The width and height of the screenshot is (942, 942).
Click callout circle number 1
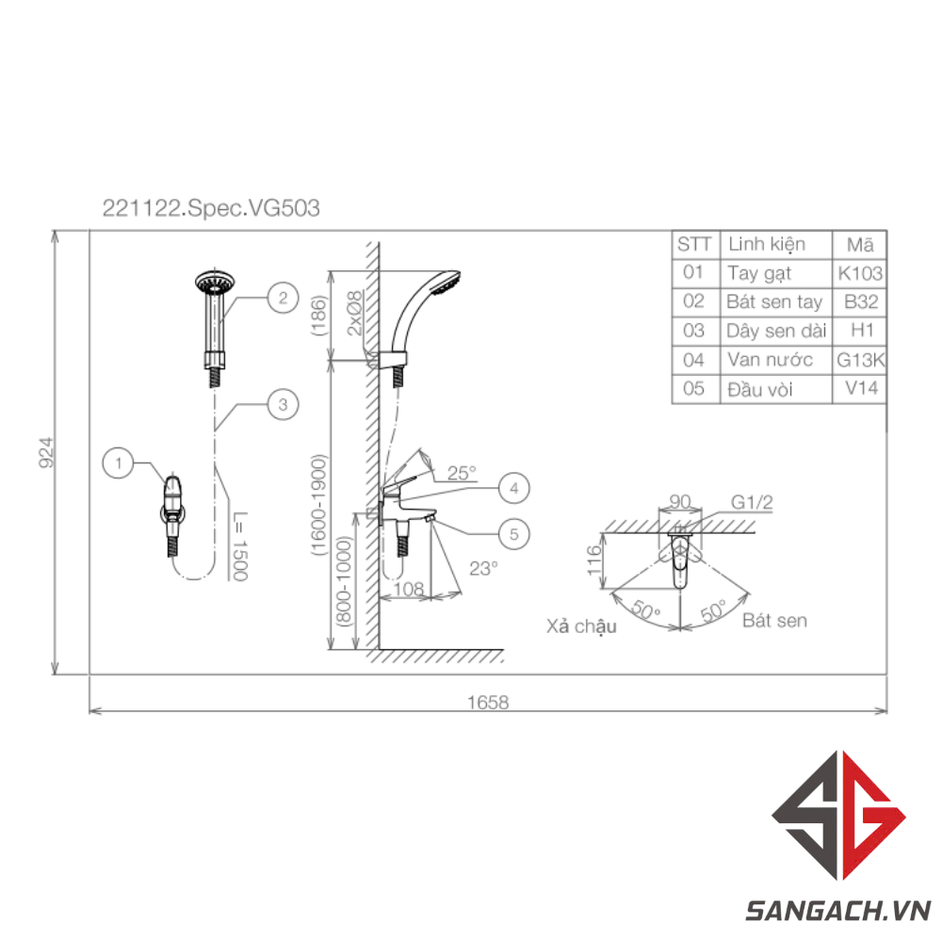pos(119,463)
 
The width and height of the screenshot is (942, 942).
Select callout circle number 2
pos(283,298)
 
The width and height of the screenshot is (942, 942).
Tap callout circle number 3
pos(283,404)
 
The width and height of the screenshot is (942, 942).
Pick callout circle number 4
pos(514,488)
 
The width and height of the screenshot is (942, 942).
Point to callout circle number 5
pos(514,534)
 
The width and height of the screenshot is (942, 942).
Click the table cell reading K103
pos(860,273)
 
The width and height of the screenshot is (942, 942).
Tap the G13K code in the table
pos(860,360)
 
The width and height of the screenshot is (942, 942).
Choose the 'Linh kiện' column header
pos(767,245)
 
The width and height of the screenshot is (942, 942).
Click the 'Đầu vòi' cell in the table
pos(760,389)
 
